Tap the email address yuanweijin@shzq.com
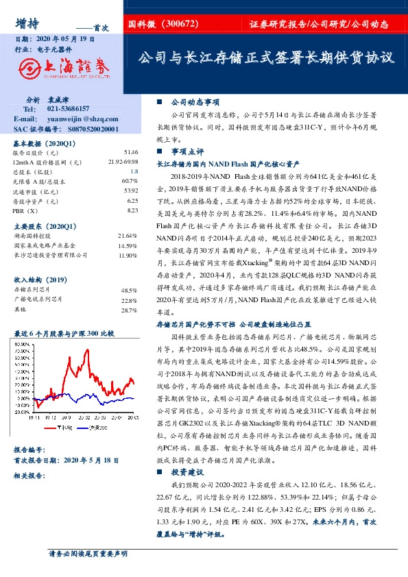[x=75, y=119]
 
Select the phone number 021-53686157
[x=69, y=109]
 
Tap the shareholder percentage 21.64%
[x=128, y=235]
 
